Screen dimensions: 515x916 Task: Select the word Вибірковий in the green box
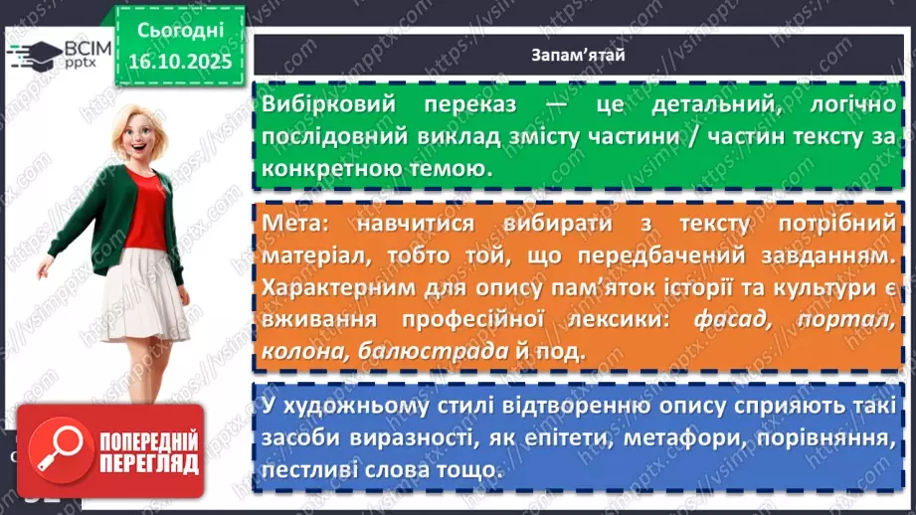321,105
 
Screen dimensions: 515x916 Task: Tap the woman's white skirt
144,294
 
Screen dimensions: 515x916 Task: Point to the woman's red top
145,209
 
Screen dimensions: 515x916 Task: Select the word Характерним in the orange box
339,288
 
